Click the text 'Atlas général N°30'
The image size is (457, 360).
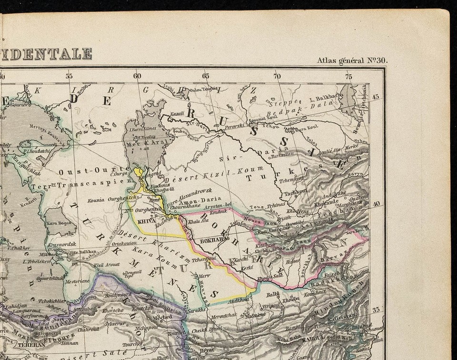pyautogui.click(x=352, y=60)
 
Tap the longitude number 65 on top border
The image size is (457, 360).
pyautogui.click(x=206, y=76)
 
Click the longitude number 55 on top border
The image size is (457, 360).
pyautogui.click(x=70, y=76)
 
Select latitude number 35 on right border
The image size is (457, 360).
pyautogui.click(x=376, y=310)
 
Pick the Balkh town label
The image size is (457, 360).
pyautogui.click(x=273, y=295)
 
